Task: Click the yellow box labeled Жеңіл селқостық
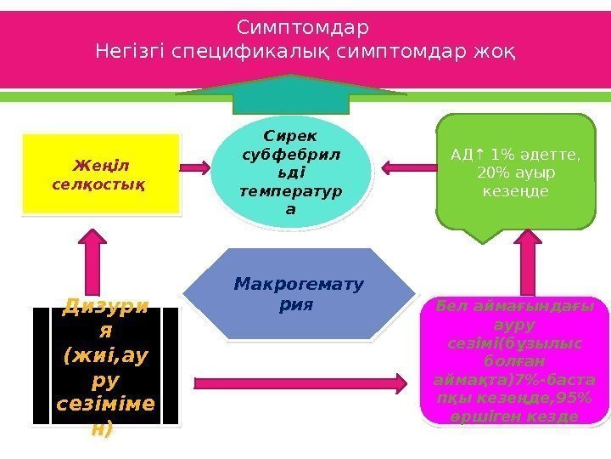click(101, 173)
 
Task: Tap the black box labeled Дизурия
click(105, 365)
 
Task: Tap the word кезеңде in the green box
click(514, 191)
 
